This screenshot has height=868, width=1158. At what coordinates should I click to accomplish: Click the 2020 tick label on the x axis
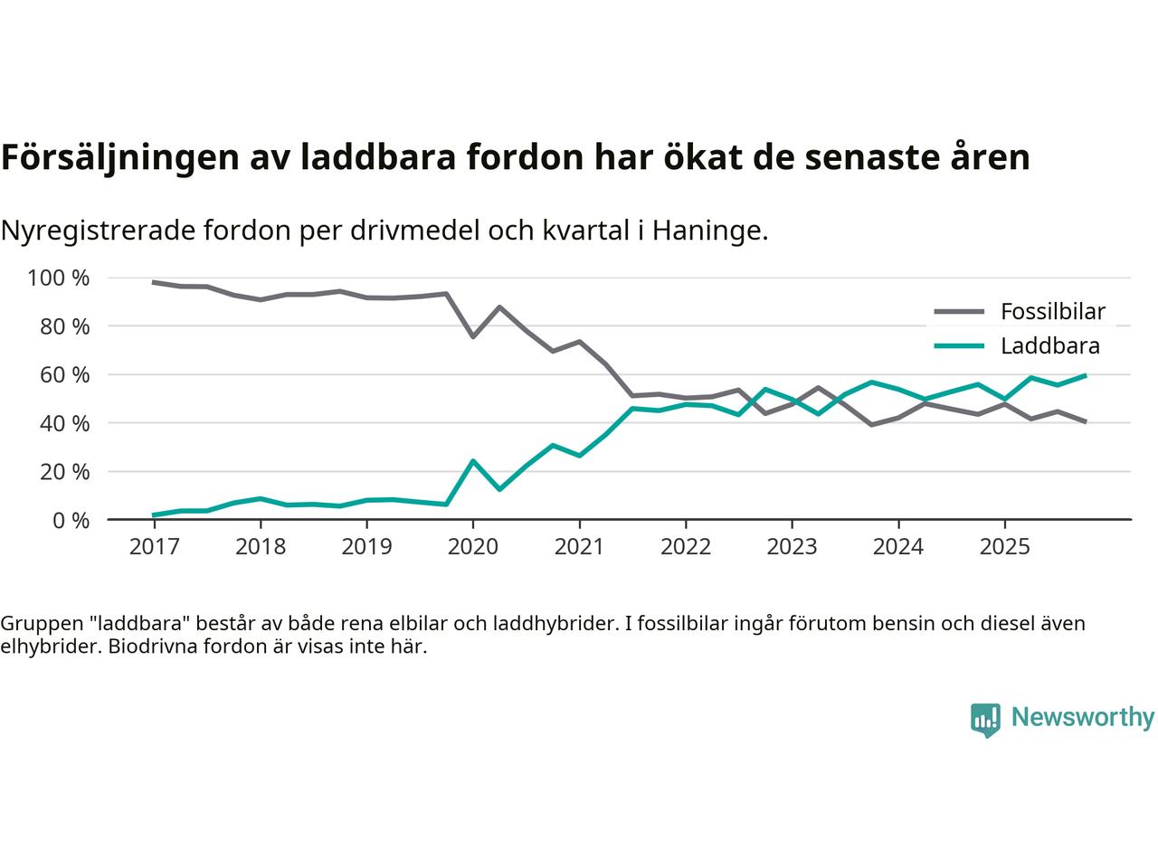point(473,547)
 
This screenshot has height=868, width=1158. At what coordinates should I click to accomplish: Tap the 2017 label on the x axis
point(155,547)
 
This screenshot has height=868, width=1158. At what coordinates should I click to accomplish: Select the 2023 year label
point(792,547)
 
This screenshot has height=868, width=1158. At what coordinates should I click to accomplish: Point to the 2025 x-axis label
point(1004,547)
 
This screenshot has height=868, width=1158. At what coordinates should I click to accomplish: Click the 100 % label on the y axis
point(59,278)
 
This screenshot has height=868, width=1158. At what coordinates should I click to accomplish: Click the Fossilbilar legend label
point(1052,312)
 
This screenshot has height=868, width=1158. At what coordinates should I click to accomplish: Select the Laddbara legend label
point(1049,345)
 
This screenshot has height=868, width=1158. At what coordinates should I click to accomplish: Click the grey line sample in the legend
point(958,312)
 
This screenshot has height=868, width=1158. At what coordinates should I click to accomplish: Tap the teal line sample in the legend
point(958,345)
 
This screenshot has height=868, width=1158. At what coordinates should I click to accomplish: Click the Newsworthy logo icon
point(985,720)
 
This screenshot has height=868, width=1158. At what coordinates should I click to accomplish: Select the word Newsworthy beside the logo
point(1082,718)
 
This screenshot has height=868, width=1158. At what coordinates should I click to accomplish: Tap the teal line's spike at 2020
point(472,461)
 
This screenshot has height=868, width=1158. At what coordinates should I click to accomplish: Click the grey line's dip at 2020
point(472,336)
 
